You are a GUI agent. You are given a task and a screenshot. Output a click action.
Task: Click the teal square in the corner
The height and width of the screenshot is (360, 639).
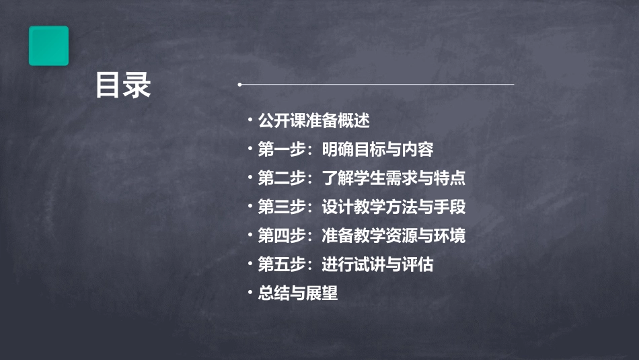coord(48,46)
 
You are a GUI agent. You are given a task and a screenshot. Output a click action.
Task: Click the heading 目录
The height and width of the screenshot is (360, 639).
coord(123,85)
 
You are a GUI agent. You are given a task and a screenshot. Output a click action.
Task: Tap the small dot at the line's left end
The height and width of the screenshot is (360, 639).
coord(239,85)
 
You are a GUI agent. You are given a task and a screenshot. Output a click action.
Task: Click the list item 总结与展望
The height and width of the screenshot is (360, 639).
coord(298,293)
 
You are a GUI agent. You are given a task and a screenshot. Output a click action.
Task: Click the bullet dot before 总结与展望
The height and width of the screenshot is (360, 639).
coord(250,293)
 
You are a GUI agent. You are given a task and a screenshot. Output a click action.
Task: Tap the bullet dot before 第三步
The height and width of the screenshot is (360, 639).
coord(250,207)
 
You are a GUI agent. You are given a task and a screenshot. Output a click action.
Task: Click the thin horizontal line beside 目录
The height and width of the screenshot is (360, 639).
coord(377,85)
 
